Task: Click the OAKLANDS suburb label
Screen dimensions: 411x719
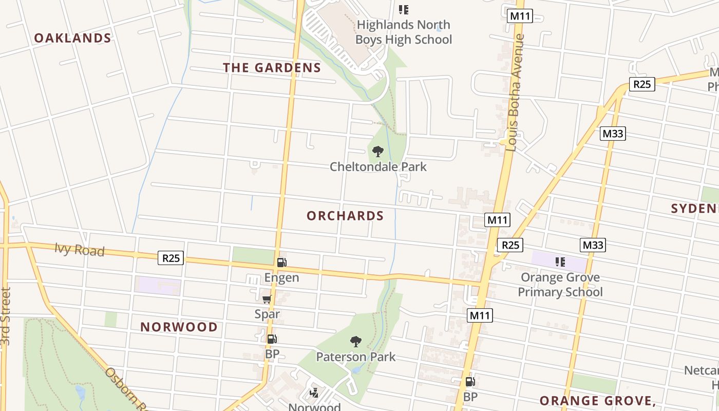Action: (72, 38)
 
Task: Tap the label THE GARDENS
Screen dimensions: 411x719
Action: (272, 68)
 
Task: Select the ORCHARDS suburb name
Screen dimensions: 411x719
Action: (345, 216)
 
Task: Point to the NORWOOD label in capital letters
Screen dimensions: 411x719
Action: (179, 327)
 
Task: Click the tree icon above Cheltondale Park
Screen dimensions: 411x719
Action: (378, 152)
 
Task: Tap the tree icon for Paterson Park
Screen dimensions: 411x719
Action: (355, 342)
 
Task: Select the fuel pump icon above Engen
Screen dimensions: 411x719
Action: (281, 263)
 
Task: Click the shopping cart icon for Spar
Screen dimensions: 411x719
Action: (267, 300)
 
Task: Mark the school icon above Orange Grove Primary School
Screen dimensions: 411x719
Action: (560, 263)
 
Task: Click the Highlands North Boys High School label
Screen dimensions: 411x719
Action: (404, 32)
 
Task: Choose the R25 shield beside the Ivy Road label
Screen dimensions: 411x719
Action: (171, 258)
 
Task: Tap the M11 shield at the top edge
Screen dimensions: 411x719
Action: (520, 16)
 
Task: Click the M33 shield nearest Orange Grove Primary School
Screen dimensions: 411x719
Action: (593, 246)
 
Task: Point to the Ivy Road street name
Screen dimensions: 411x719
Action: (80, 250)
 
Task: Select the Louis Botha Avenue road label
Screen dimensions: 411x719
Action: (515, 92)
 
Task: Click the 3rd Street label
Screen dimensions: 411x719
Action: (6, 316)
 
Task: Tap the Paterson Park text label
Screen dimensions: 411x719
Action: (355, 357)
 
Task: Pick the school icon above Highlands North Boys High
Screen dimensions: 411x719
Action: (404, 10)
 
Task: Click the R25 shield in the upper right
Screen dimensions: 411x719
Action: (642, 84)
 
